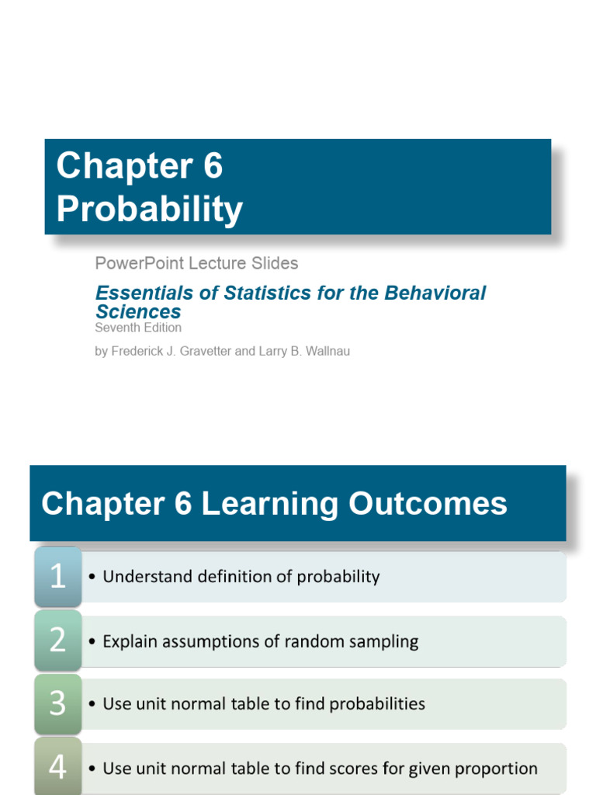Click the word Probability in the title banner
coord(150,210)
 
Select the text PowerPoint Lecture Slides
coord(196,263)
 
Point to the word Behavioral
coord(435,293)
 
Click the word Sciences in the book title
coord(138,311)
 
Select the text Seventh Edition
coord(138,328)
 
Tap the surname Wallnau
coord(325,351)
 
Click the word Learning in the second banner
coord(269,504)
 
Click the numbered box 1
coord(58,577)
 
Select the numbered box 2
coord(58,641)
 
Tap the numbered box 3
coord(58,703)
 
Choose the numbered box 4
coord(58,768)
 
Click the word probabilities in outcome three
coord(377,704)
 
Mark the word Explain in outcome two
coord(128,641)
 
